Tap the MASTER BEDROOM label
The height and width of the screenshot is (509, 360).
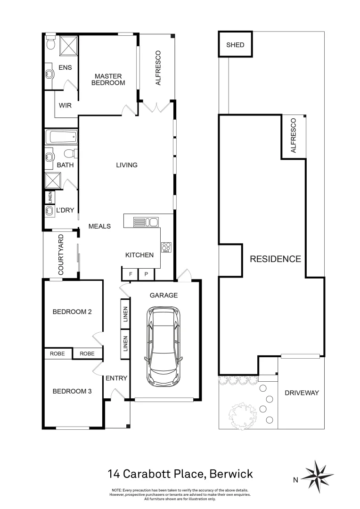(x=108, y=79)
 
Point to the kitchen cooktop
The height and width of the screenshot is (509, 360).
(x=166, y=247)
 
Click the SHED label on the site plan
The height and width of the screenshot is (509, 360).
(x=235, y=45)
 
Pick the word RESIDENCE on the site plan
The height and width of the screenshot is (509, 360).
(x=275, y=259)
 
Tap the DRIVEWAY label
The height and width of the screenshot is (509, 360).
(x=302, y=393)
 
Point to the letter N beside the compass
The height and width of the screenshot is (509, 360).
(x=295, y=481)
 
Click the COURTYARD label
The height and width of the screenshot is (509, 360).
(x=61, y=255)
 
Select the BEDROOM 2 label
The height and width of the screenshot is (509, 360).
(x=72, y=312)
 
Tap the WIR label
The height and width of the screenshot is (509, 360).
(x=65, y=106)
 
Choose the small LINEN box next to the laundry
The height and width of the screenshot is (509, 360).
(x=49, y=197)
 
